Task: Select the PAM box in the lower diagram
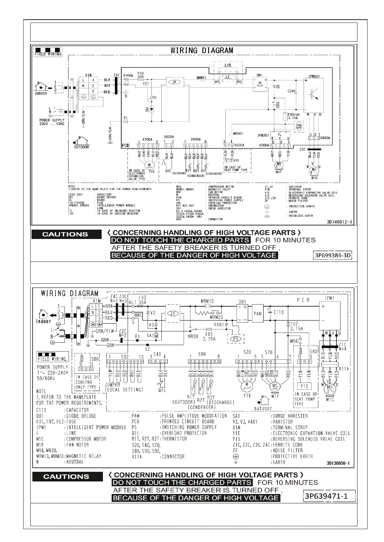pos(258,313)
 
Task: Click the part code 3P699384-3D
pos(333,256)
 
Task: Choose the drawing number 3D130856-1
pos(338,463)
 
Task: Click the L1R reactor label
pos(228,65)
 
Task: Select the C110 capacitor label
pos(278,312)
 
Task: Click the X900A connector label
pos(196,139)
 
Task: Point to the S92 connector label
pos(125,357)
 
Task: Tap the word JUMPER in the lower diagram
pos(112,385)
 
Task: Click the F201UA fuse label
pos(294,114)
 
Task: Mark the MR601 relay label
pos(238,133)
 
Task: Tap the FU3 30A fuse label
pos(142,300)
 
